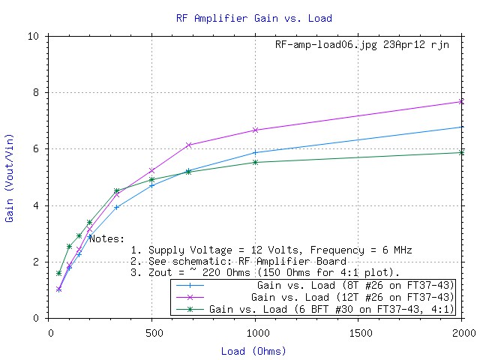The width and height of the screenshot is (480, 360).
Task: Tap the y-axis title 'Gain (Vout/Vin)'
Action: (x=10, y=177)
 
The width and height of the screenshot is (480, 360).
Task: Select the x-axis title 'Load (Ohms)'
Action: (x=253, y=350)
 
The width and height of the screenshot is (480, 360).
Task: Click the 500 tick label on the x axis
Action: (x=153, y=331)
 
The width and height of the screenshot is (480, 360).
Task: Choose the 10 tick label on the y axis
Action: (x=33, y=36)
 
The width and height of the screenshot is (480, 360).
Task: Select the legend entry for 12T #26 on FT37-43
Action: (x=316, y=297)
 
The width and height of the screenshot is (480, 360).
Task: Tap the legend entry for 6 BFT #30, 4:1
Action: (x=316, y=308)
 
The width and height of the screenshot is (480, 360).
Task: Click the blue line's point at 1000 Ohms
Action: (x=256, y=152)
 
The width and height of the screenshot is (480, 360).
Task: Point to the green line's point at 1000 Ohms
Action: (x=256, y=162)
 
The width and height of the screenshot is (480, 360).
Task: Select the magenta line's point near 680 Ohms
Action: (x=189, y=145)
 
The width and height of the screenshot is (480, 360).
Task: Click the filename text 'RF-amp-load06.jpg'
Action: (x=325, y=45)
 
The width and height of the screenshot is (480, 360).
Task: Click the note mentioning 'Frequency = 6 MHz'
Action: (x=271, y=250)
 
